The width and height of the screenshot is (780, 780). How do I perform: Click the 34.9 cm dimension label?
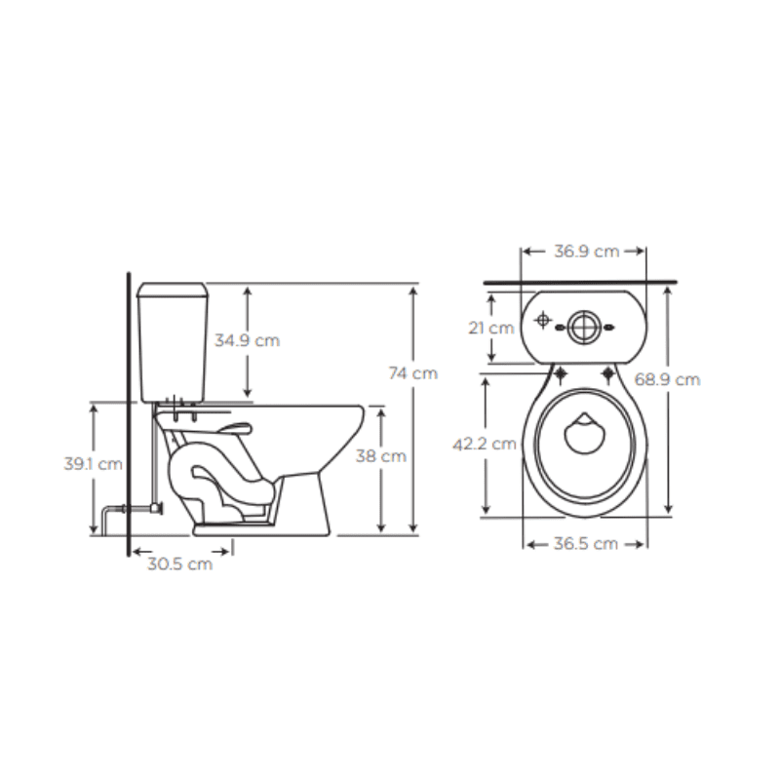pos(246,340)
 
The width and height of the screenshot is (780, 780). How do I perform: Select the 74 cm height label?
pos(412,372)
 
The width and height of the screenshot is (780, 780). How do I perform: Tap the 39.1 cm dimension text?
pos(94,464)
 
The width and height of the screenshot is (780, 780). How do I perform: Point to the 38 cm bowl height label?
pos(380,455)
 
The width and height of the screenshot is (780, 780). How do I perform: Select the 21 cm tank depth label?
pos(490,328)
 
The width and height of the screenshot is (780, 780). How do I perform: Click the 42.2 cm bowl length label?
pos(485,445)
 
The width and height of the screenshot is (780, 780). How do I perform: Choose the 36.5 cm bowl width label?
pos(585,544)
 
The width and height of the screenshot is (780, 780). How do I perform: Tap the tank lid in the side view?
pos(175,290)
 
